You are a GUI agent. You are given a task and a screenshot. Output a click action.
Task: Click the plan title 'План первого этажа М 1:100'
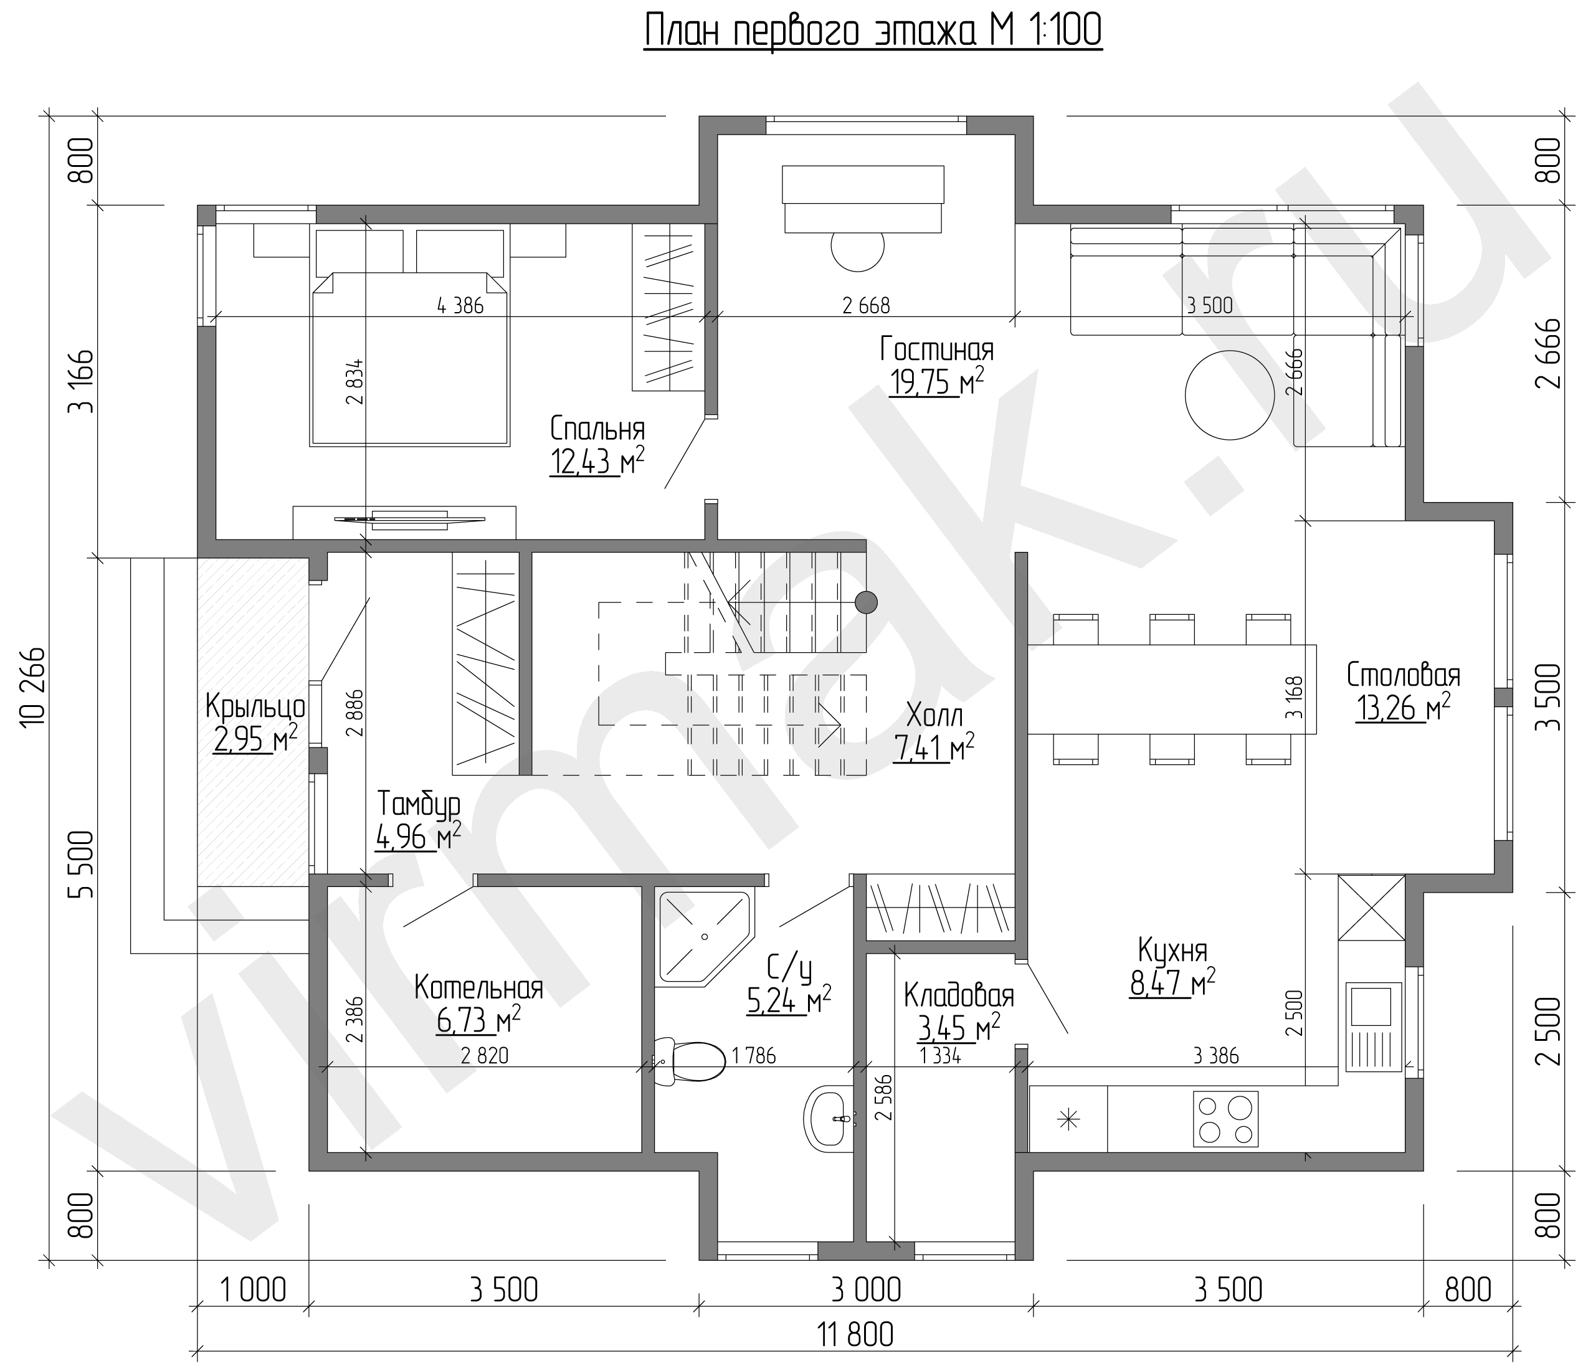[x=872, y=32]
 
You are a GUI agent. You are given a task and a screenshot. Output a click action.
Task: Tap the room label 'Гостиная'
[x=936, y=349]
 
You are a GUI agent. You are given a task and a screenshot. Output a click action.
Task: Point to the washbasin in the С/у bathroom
[x=829, y=1119]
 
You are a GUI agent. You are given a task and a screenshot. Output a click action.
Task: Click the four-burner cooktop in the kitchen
[x=1225, y=1119]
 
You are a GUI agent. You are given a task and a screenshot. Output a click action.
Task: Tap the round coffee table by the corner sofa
[x=1230, y=395]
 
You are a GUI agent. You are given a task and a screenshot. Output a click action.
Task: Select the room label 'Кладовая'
[x=959, y=997]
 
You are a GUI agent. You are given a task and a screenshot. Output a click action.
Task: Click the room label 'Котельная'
[x=479, y=988]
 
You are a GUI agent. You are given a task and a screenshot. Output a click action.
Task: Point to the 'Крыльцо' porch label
[x=255, y=707]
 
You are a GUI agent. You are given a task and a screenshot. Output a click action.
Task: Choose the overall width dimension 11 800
[x=855, y=1335]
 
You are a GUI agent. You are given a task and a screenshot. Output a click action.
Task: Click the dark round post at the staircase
[x=865, y=603]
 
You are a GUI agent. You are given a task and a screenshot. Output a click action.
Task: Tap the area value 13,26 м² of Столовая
[x=1403, y=708]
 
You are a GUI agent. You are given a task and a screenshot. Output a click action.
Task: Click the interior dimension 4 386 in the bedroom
[x=460, y=305]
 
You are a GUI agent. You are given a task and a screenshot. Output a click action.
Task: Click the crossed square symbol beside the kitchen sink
[x=1371, y=908]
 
